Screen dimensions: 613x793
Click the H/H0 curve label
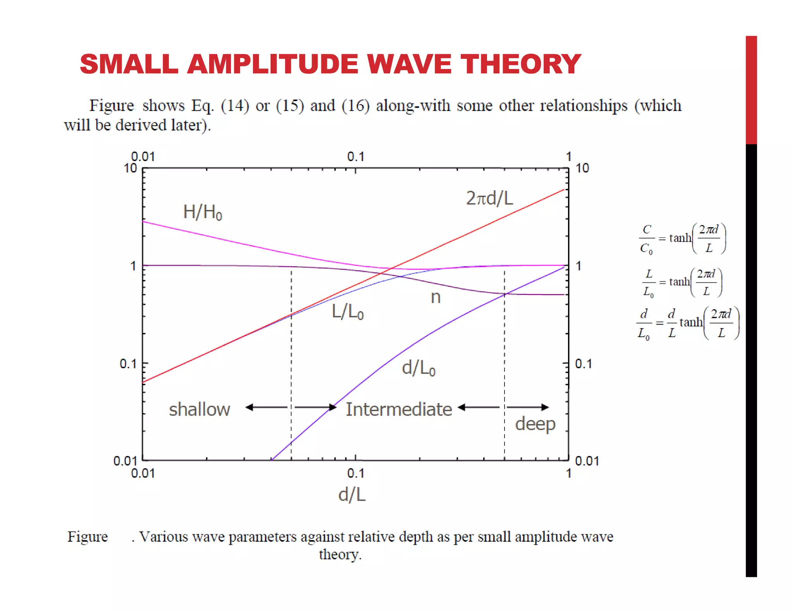[x=203, y=212]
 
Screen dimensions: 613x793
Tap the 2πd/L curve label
[x=489, y=198]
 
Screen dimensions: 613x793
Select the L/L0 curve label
[x=347, y=312]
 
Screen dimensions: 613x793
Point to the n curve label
[x=436, y=298]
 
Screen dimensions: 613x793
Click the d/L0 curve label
[x=419, y=368]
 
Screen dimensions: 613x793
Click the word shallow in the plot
[x=199, y=410]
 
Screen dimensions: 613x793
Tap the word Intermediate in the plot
[x=398, y=410]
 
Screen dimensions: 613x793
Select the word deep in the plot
[x=535, y=424]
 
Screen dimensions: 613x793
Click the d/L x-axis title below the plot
[x=352, y=495]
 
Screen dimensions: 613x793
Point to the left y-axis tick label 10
[x=130, y=169]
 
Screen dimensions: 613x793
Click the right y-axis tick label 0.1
[x=583, y=364]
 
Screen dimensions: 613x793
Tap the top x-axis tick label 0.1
[x=355, y=157]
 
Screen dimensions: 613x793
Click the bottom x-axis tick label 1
[x=568, y=474]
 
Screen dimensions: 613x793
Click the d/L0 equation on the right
[x=687, y=323]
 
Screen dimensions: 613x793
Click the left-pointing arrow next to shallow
[x=266, y=407]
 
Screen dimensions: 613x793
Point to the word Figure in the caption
[x=88, y=537]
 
